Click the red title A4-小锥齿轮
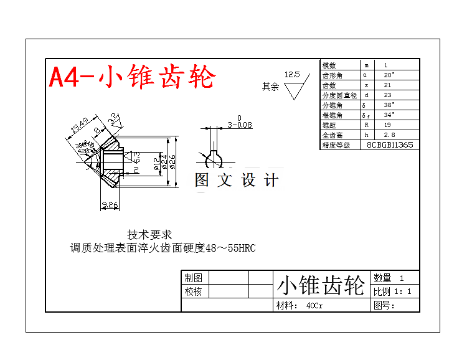[x=132, y=77]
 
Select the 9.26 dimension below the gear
[x=110, y=204]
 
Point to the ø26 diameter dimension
[x=173, y=160]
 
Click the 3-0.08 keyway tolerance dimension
[x=239, y=125]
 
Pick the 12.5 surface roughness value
[x=292, y=75]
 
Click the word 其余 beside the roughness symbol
[x=270, y=87]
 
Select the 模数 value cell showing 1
[x=385, y=65]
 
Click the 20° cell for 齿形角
[x=389, y=75]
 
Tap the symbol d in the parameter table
[x=366, y=95]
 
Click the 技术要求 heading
[x=149, y=235]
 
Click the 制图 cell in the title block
[x=193, y=278]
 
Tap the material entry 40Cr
[x=314, y=306]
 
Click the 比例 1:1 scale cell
[x=392, y=291]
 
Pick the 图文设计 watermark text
[x=237, y=181]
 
